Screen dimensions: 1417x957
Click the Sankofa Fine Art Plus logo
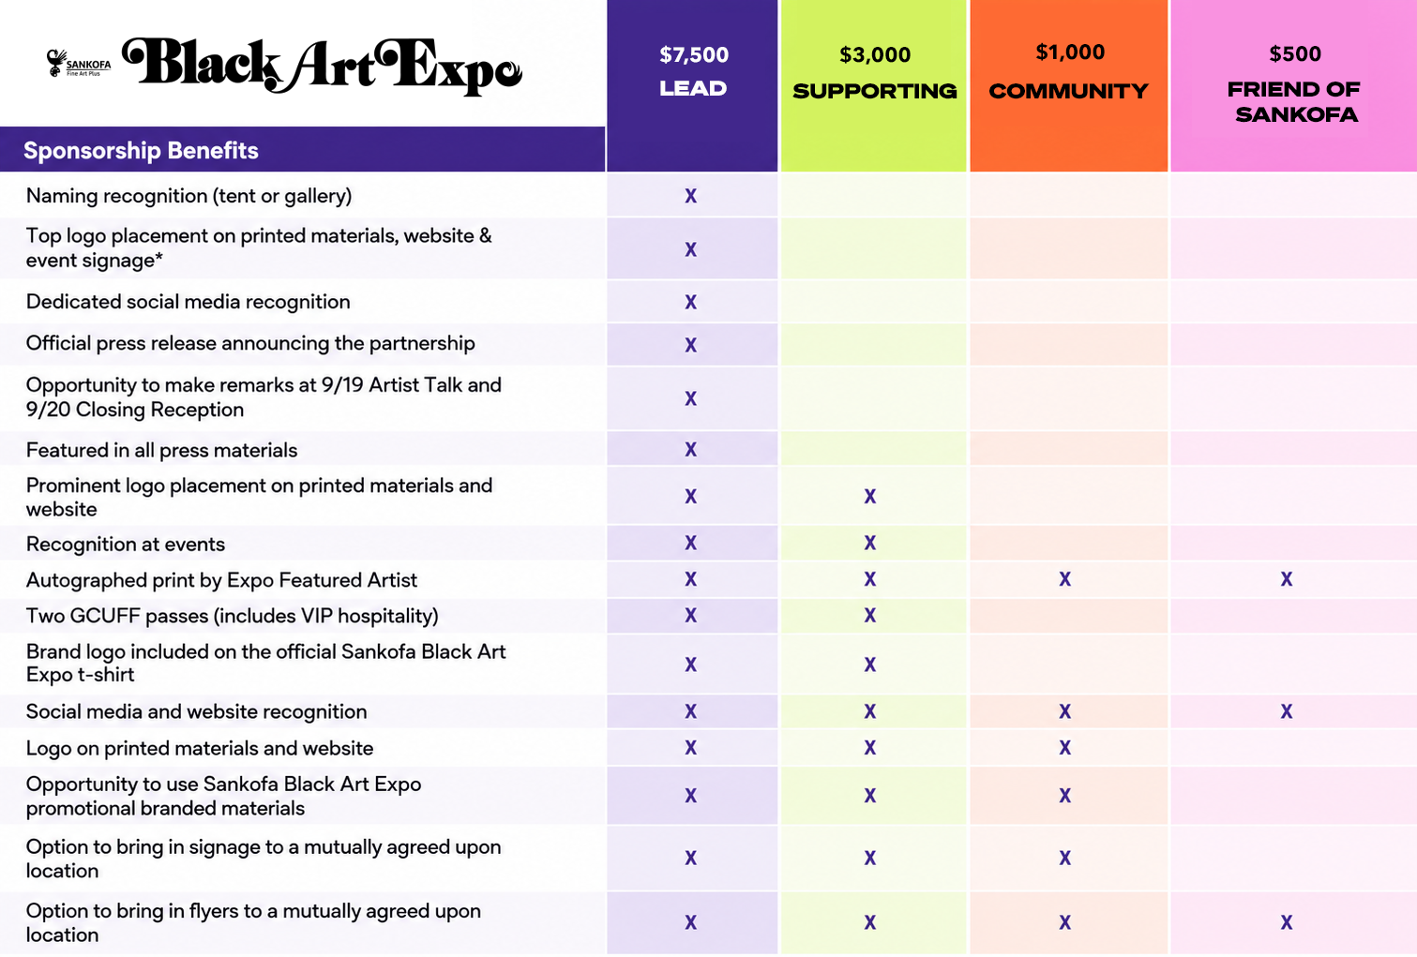pyautogui.click(x=79, y=64)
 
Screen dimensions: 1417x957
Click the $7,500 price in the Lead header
pyautogui.click(x=694, y=55)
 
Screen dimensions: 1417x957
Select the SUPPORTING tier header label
pyautogui.click(x=874, y=91)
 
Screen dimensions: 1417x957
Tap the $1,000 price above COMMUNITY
pyautogui.click(x=1070, y=52)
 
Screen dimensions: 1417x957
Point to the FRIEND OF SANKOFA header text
pyautogui.click(x=1294, y=102)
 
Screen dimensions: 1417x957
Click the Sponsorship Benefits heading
pyautogui.click(x=141, y=151)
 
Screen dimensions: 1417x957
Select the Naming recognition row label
pyautogui.click(x=188, y=196)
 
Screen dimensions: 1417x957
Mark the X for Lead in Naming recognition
pyautogui.click(x=691, y=196)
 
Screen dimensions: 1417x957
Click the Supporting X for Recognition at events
pyautogui.click(x=870, y=543)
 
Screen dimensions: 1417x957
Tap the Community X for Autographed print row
pyautogui.click(x=1065, y=579)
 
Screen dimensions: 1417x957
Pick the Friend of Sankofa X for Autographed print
pyautogui.click(x=1287, y=579)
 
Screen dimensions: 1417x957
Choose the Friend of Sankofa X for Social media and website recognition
pyautogui.click(x=1287, y=711)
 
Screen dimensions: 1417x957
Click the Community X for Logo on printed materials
pyautogui.click(x=1065, y=748)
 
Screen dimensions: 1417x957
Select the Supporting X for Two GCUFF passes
pyautogui.click(x=870, y=615)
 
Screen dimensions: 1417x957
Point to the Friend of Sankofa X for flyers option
pyautogui.click(x=1287, y=923)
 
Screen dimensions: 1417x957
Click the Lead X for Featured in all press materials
pyautogui.click(x=691, y=449)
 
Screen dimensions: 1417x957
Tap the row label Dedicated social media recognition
pyautogui.click(x=188, y=302)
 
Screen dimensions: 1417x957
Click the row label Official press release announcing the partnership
pyautogui.click(x=250, y=343)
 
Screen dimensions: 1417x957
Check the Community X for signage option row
pyautogui.click(x=1065, y=858)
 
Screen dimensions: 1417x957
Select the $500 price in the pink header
pyautogui.click(x=1295, y=53)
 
